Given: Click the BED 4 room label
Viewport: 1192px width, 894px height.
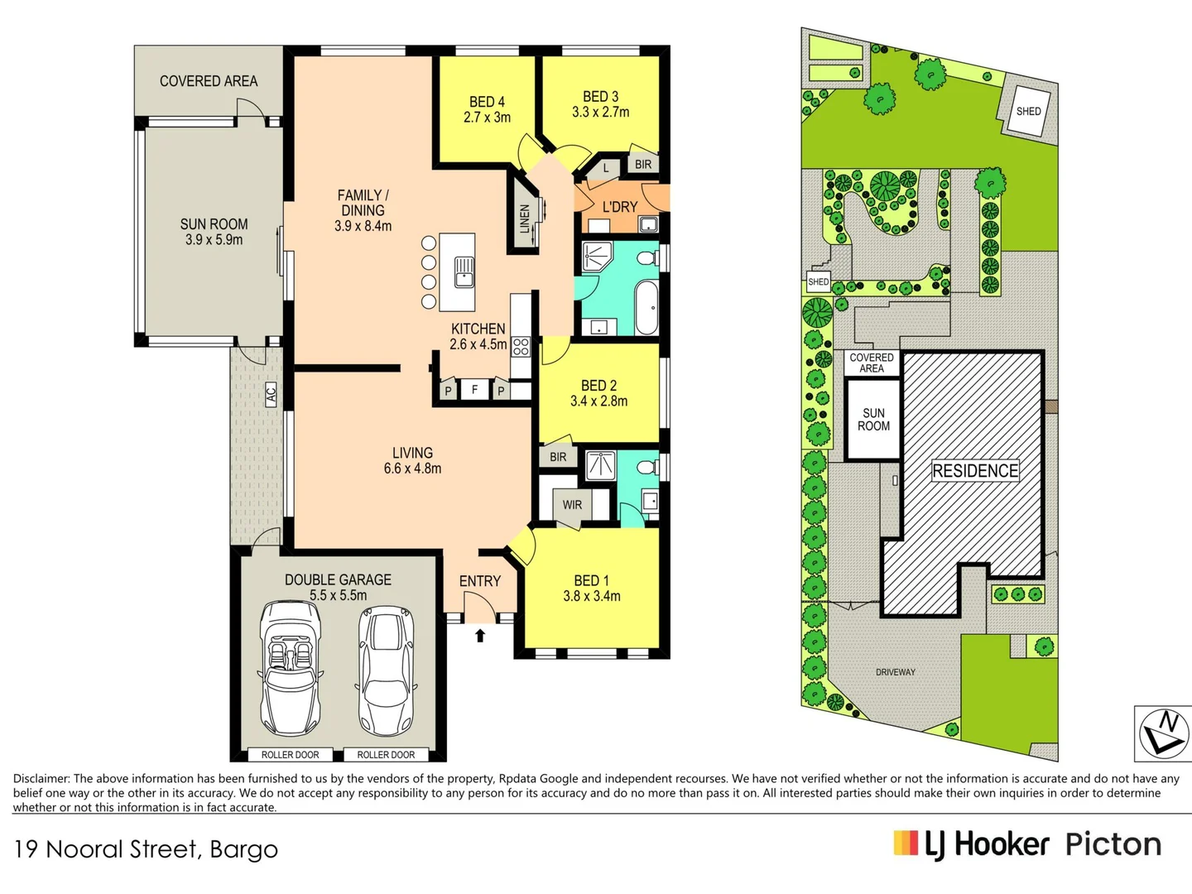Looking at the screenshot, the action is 487,102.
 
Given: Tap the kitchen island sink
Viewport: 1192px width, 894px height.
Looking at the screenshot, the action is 464,272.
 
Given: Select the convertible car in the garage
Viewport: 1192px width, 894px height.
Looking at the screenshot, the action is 291,668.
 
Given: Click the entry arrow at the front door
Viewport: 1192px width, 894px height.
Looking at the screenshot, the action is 480,635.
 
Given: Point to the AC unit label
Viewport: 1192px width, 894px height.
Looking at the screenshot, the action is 271,393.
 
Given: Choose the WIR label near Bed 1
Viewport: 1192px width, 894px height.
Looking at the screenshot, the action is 572,505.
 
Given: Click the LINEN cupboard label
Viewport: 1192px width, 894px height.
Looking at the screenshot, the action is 525,219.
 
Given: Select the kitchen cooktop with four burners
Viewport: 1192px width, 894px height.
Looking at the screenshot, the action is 521,346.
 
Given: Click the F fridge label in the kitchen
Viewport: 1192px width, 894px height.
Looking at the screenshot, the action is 474,389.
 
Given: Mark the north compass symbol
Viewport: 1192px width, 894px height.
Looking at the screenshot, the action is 1163,734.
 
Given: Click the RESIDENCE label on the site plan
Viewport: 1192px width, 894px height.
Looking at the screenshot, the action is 975,471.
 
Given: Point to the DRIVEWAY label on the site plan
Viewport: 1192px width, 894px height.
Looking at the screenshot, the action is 896,672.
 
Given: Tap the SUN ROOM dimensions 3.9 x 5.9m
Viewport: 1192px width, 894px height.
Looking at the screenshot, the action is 214,239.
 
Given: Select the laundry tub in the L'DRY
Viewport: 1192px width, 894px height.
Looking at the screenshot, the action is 648,224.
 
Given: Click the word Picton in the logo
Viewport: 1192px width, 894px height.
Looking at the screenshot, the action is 1113,845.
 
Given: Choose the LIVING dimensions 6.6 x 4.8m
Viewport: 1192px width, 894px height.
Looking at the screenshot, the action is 413,468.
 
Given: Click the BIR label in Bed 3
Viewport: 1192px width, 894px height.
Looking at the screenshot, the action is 643,165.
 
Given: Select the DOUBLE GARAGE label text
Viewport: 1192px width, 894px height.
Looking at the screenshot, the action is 339,579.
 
